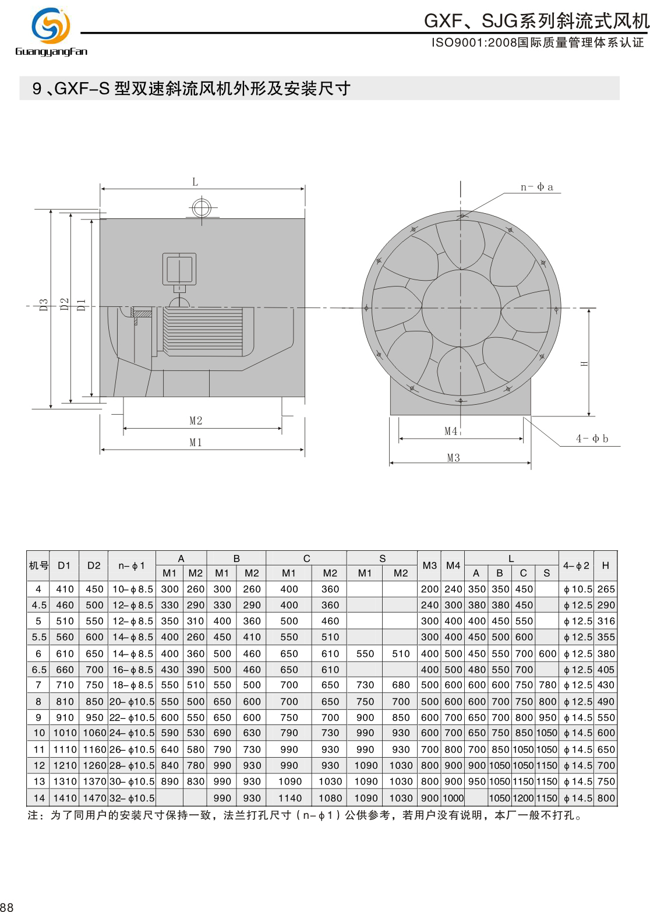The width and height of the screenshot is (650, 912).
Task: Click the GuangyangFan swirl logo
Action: point(51,26)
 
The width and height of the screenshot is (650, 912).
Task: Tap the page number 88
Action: point(6,906)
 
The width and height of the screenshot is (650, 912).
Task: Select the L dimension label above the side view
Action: point(195,182)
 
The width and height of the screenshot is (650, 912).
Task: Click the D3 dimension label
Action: point(44,305)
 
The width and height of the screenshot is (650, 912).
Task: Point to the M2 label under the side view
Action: point(196,420)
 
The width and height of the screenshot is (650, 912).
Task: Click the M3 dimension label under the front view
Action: point(453,458)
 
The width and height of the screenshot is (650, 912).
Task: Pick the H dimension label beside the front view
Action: point(584,363)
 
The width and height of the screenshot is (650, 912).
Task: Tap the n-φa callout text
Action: point(537,187)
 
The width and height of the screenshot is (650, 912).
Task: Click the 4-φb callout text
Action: point(592,439)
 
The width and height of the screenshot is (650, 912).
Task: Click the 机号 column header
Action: point(38,565)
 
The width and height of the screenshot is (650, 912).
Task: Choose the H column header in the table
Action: point(605,565)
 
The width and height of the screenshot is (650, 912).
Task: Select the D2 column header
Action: point(94,565)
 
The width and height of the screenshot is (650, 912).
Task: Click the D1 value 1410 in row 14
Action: point(65,798)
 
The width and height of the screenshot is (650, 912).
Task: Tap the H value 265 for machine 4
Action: point(606,589)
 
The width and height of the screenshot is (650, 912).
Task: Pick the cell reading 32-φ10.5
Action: point(132,798)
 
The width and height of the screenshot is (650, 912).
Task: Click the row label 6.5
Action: point(38,669)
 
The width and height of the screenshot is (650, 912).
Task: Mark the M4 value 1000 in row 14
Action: point(453,798)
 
